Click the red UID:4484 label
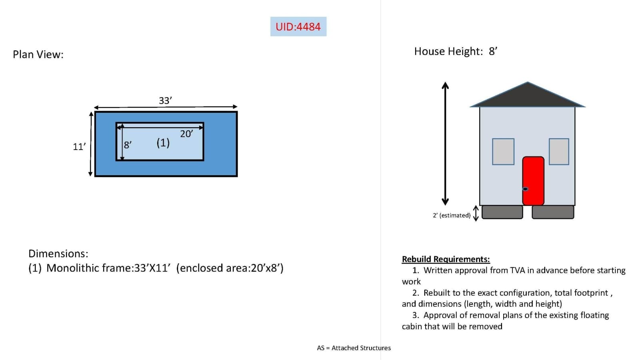(298, 26)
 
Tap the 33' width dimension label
(165, 100)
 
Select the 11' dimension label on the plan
(79, 146)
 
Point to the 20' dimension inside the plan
(186, 134)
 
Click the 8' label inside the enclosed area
(128, 145)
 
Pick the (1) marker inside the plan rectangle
(163, 142)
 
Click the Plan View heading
(38, 54)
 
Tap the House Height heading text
(456, 52)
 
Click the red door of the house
(533, 181)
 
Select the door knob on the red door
(525, 189)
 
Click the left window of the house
(503, 152)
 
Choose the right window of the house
(559, 152)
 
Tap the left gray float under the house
(502, 212)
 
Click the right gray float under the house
(553, 212)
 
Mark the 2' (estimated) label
(452, 216)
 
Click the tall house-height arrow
(445, 144)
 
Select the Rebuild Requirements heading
(446, 259)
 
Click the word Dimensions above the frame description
(58, 254)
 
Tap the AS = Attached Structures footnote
(354, 348)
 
